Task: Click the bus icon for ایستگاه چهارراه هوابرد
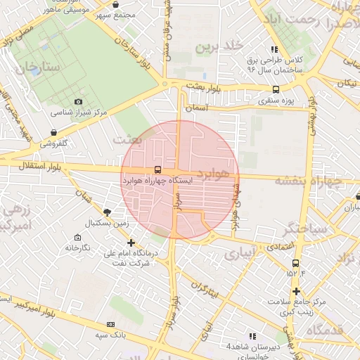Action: coord(157,169)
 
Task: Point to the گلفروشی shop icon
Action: coord(54,132)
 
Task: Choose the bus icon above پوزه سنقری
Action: coord(275,89)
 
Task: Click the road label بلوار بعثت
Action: coord(204,85)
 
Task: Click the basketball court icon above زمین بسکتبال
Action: coord(107,212)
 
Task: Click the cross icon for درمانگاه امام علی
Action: coord(131,243)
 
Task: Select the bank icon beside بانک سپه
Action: coord(110,324)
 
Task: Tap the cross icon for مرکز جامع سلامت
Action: coord(297,290)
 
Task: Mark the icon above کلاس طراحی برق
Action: coord(274,49)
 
